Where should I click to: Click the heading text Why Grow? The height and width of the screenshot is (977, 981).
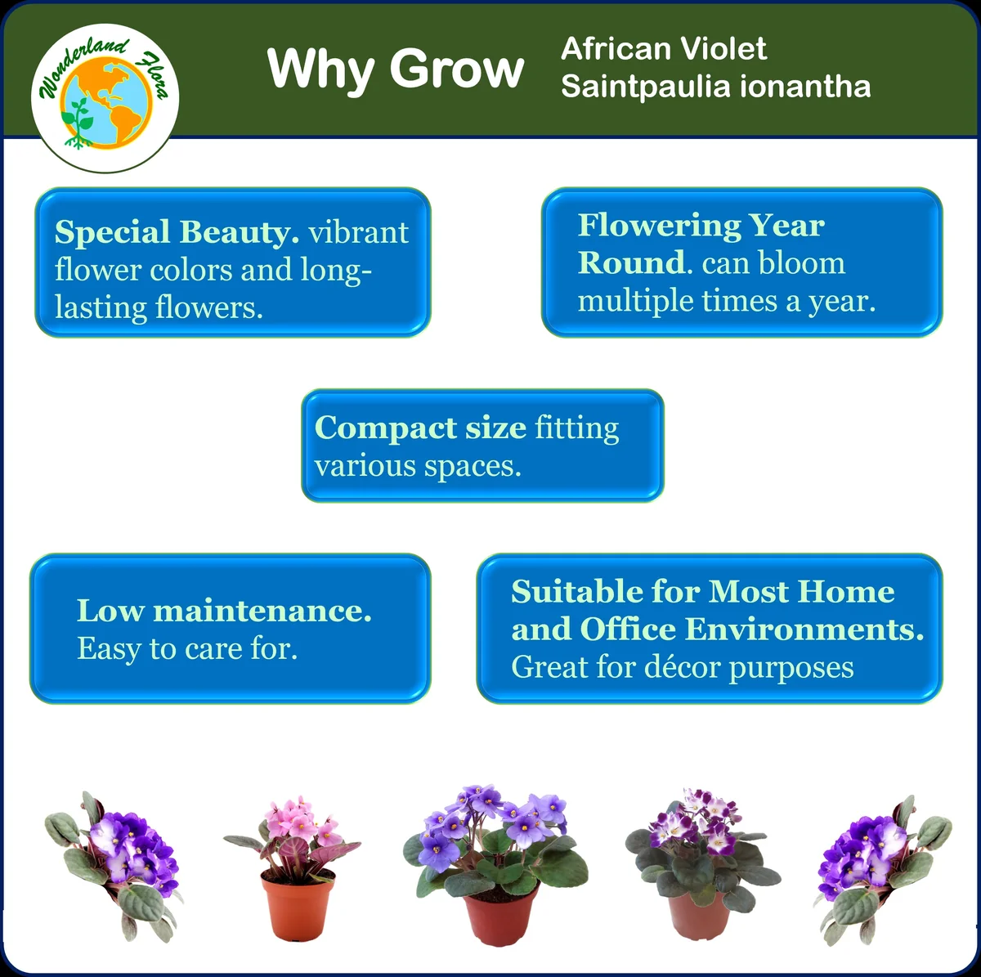coord(396,69)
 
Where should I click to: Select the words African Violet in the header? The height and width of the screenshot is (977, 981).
coord(663,49)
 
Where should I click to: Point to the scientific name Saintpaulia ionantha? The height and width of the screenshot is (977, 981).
coord(715,86)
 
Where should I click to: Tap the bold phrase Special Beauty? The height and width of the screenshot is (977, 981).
coord(177,232)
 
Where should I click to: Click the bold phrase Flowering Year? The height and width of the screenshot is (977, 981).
coord(701,225)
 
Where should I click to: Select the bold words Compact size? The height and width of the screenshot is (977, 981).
coord(419,428)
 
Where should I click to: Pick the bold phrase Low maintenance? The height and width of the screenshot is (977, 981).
coord(224,611)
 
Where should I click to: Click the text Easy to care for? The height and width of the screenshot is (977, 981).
coord(187,648)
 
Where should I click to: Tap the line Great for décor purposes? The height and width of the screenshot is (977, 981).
coord(682,667)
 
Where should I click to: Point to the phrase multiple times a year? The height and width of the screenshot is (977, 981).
coord(726,301)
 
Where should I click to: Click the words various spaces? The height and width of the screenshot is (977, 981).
coord(417,466)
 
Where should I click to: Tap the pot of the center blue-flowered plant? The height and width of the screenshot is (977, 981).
coord(499,916)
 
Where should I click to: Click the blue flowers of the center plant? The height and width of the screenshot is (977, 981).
coord(490,818)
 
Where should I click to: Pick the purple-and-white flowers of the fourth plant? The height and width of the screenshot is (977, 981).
coord(695,822)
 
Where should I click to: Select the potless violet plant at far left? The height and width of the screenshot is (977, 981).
coord(114,863)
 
